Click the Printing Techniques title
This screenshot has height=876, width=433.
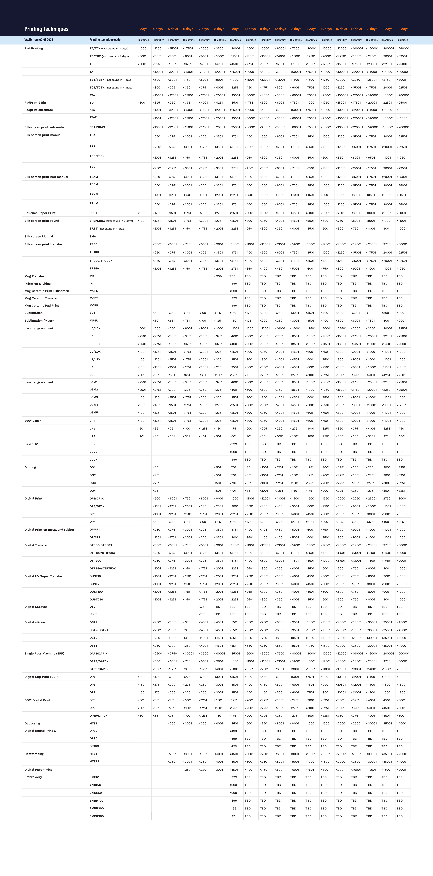point(46,29)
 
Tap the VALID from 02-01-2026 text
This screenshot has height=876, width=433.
point(39,40)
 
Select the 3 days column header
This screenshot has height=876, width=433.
point(142,29)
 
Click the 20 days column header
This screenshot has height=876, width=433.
point(402,29)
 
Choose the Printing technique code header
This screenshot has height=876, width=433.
point(105,40)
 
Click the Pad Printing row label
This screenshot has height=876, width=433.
point(34,48)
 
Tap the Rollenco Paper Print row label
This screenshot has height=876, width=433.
point(40,213)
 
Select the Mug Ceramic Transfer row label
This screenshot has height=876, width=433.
point(41,298)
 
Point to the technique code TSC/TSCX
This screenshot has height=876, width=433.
point(97,156)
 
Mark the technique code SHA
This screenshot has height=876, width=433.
point(93,236)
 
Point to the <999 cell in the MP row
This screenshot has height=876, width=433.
point(218,276)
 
